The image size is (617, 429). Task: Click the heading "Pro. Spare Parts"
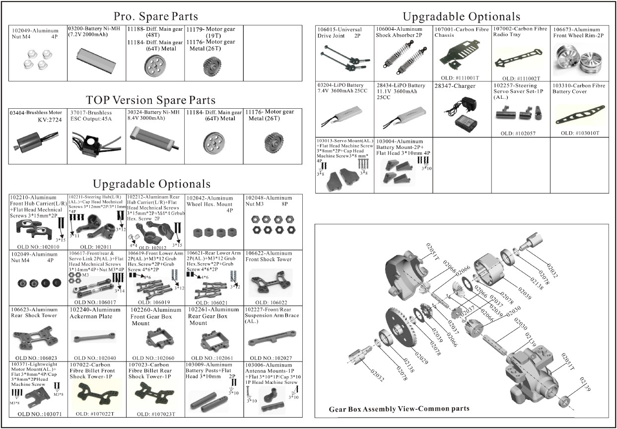tap(155, 16)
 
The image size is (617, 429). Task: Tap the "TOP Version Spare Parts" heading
tap(150, 100)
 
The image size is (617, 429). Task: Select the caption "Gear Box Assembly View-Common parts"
tap(399, 409)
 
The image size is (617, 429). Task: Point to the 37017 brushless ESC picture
tap(94, 143)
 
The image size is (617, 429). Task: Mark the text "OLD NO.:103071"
tap(39, 414)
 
